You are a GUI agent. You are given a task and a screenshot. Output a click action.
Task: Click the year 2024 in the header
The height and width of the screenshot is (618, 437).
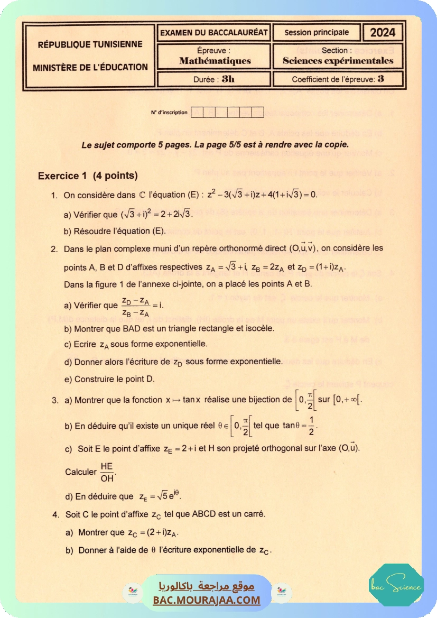[x=383, y=33]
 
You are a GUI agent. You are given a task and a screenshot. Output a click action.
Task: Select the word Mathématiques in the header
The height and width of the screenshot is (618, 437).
[x=215, y=61]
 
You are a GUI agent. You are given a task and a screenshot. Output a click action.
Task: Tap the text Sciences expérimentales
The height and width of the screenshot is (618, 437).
[x=338, y=61]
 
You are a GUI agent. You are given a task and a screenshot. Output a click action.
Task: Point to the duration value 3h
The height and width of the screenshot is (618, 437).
[x=228, y=79]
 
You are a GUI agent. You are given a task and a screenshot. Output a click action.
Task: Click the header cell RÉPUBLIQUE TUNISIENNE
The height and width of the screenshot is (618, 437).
[x=90, y=44]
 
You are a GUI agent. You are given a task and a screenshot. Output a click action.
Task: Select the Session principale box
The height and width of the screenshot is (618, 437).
[x=317, y=32]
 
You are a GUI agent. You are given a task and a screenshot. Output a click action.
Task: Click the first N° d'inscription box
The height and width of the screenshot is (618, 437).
[x=196, y=112]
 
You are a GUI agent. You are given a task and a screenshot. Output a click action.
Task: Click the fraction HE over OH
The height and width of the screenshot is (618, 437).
[x=106, y=473]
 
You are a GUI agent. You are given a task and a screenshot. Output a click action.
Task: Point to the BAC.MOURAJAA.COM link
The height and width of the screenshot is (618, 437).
[x=207, y=600]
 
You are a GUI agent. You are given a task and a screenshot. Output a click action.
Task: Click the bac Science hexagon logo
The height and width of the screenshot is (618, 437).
[x=396, y=585]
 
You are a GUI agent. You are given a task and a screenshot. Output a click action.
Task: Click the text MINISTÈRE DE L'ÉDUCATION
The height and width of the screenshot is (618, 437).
[x=90, y=67]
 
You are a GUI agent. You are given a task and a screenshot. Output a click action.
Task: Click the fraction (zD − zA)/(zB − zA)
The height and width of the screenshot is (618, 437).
[x=135, y=306]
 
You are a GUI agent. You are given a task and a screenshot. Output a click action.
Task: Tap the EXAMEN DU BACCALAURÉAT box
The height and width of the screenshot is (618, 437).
[x=214, y=32]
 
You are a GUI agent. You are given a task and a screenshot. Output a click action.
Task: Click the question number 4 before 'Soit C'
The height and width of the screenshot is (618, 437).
[x=55, y=514]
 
